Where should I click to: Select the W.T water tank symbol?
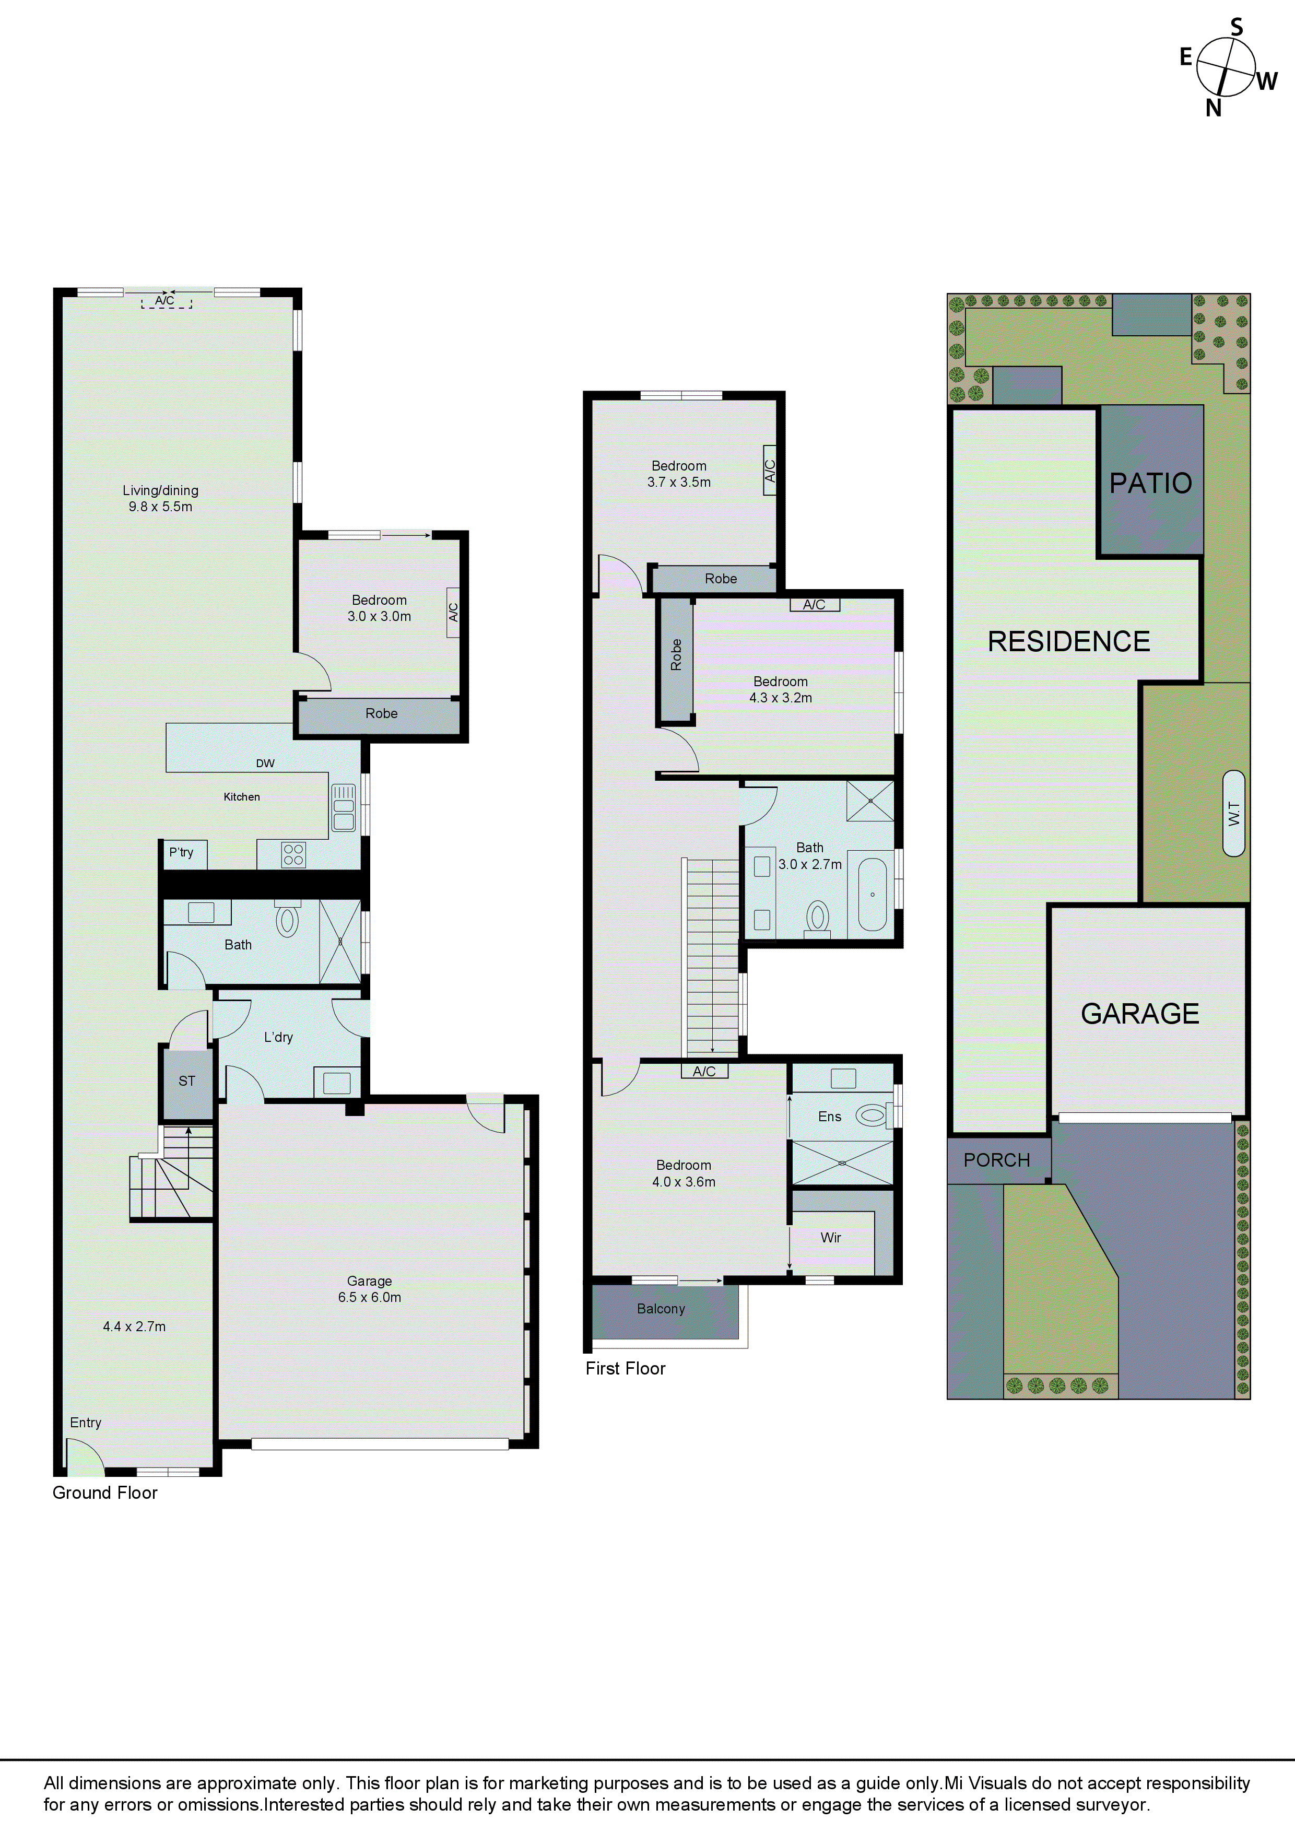point(1233,813)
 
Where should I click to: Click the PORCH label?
point(997,1160)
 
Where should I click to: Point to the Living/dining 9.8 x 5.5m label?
point(160,498)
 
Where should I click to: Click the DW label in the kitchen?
point(265,763)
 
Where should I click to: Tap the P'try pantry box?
point(183,853)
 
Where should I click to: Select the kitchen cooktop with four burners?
point(293,854)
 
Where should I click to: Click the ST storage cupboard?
point(187,1081)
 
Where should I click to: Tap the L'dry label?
point(278,1037)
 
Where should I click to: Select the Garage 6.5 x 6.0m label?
point(369,1289)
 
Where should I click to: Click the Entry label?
point(85,1422)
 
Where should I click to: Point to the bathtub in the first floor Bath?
point(872,895)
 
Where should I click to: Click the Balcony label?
point(661,1309)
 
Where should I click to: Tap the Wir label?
point(831,1238)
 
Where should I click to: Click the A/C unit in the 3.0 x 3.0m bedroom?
point(452,612)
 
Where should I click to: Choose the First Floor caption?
point(625,1368)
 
